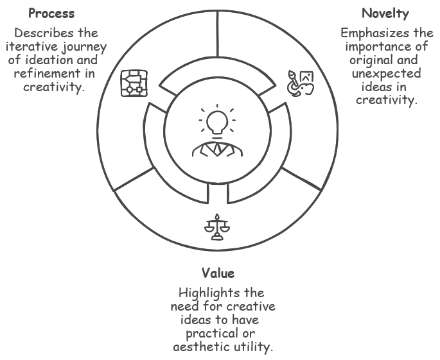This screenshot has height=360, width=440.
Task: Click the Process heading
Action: point(51,13)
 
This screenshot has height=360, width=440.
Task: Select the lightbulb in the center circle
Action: point(217,121)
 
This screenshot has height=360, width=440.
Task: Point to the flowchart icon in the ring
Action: point(134,83)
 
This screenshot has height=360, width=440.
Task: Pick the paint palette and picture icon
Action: point(300,83)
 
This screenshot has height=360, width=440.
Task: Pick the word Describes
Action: point(39,33)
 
